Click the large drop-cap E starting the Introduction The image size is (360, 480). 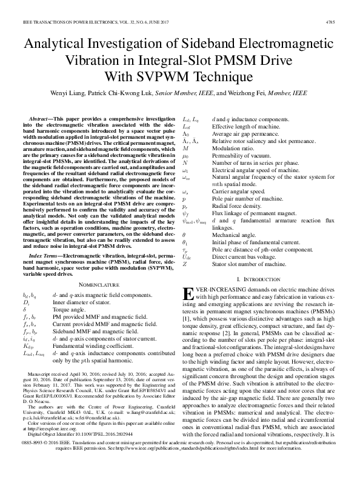point(188,294)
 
